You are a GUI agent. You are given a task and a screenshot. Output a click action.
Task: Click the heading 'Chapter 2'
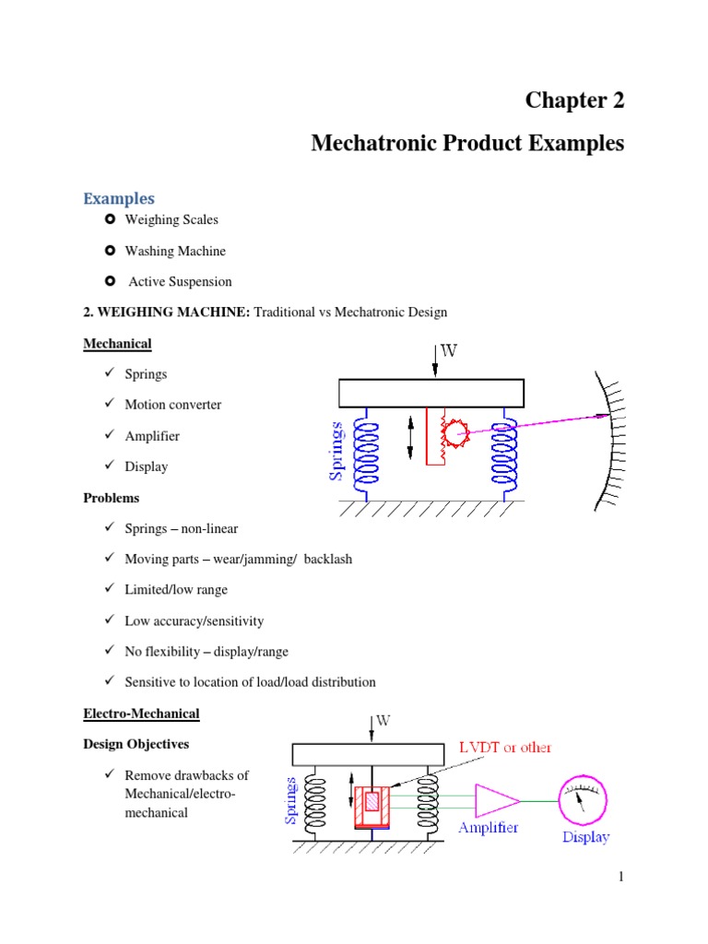point(574,100)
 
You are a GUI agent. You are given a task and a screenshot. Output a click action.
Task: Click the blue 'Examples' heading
point(119,198)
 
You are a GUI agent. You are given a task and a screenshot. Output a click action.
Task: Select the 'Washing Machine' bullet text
point(175,251)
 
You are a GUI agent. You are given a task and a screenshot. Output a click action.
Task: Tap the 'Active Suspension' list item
point(180,281)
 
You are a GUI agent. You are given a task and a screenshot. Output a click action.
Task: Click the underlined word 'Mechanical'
point(117,344)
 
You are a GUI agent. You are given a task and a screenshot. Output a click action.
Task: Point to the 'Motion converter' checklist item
point(172,405)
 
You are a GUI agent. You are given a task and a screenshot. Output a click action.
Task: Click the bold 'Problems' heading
point(112,498)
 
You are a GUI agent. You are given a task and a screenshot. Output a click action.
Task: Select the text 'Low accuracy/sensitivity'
point(194,621)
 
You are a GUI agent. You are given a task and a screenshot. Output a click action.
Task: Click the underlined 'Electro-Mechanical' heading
point(141,714)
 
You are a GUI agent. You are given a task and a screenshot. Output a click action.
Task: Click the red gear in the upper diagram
point(454,430)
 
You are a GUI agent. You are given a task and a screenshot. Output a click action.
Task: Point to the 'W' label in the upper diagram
point(449,351)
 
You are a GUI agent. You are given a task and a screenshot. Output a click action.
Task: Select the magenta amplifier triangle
point(496,799)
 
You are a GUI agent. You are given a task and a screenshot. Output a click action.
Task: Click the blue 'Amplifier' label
point(489,828)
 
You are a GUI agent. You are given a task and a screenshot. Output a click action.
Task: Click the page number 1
point(621,877)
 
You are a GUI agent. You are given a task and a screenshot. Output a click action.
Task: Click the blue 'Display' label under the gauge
point(585,837)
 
